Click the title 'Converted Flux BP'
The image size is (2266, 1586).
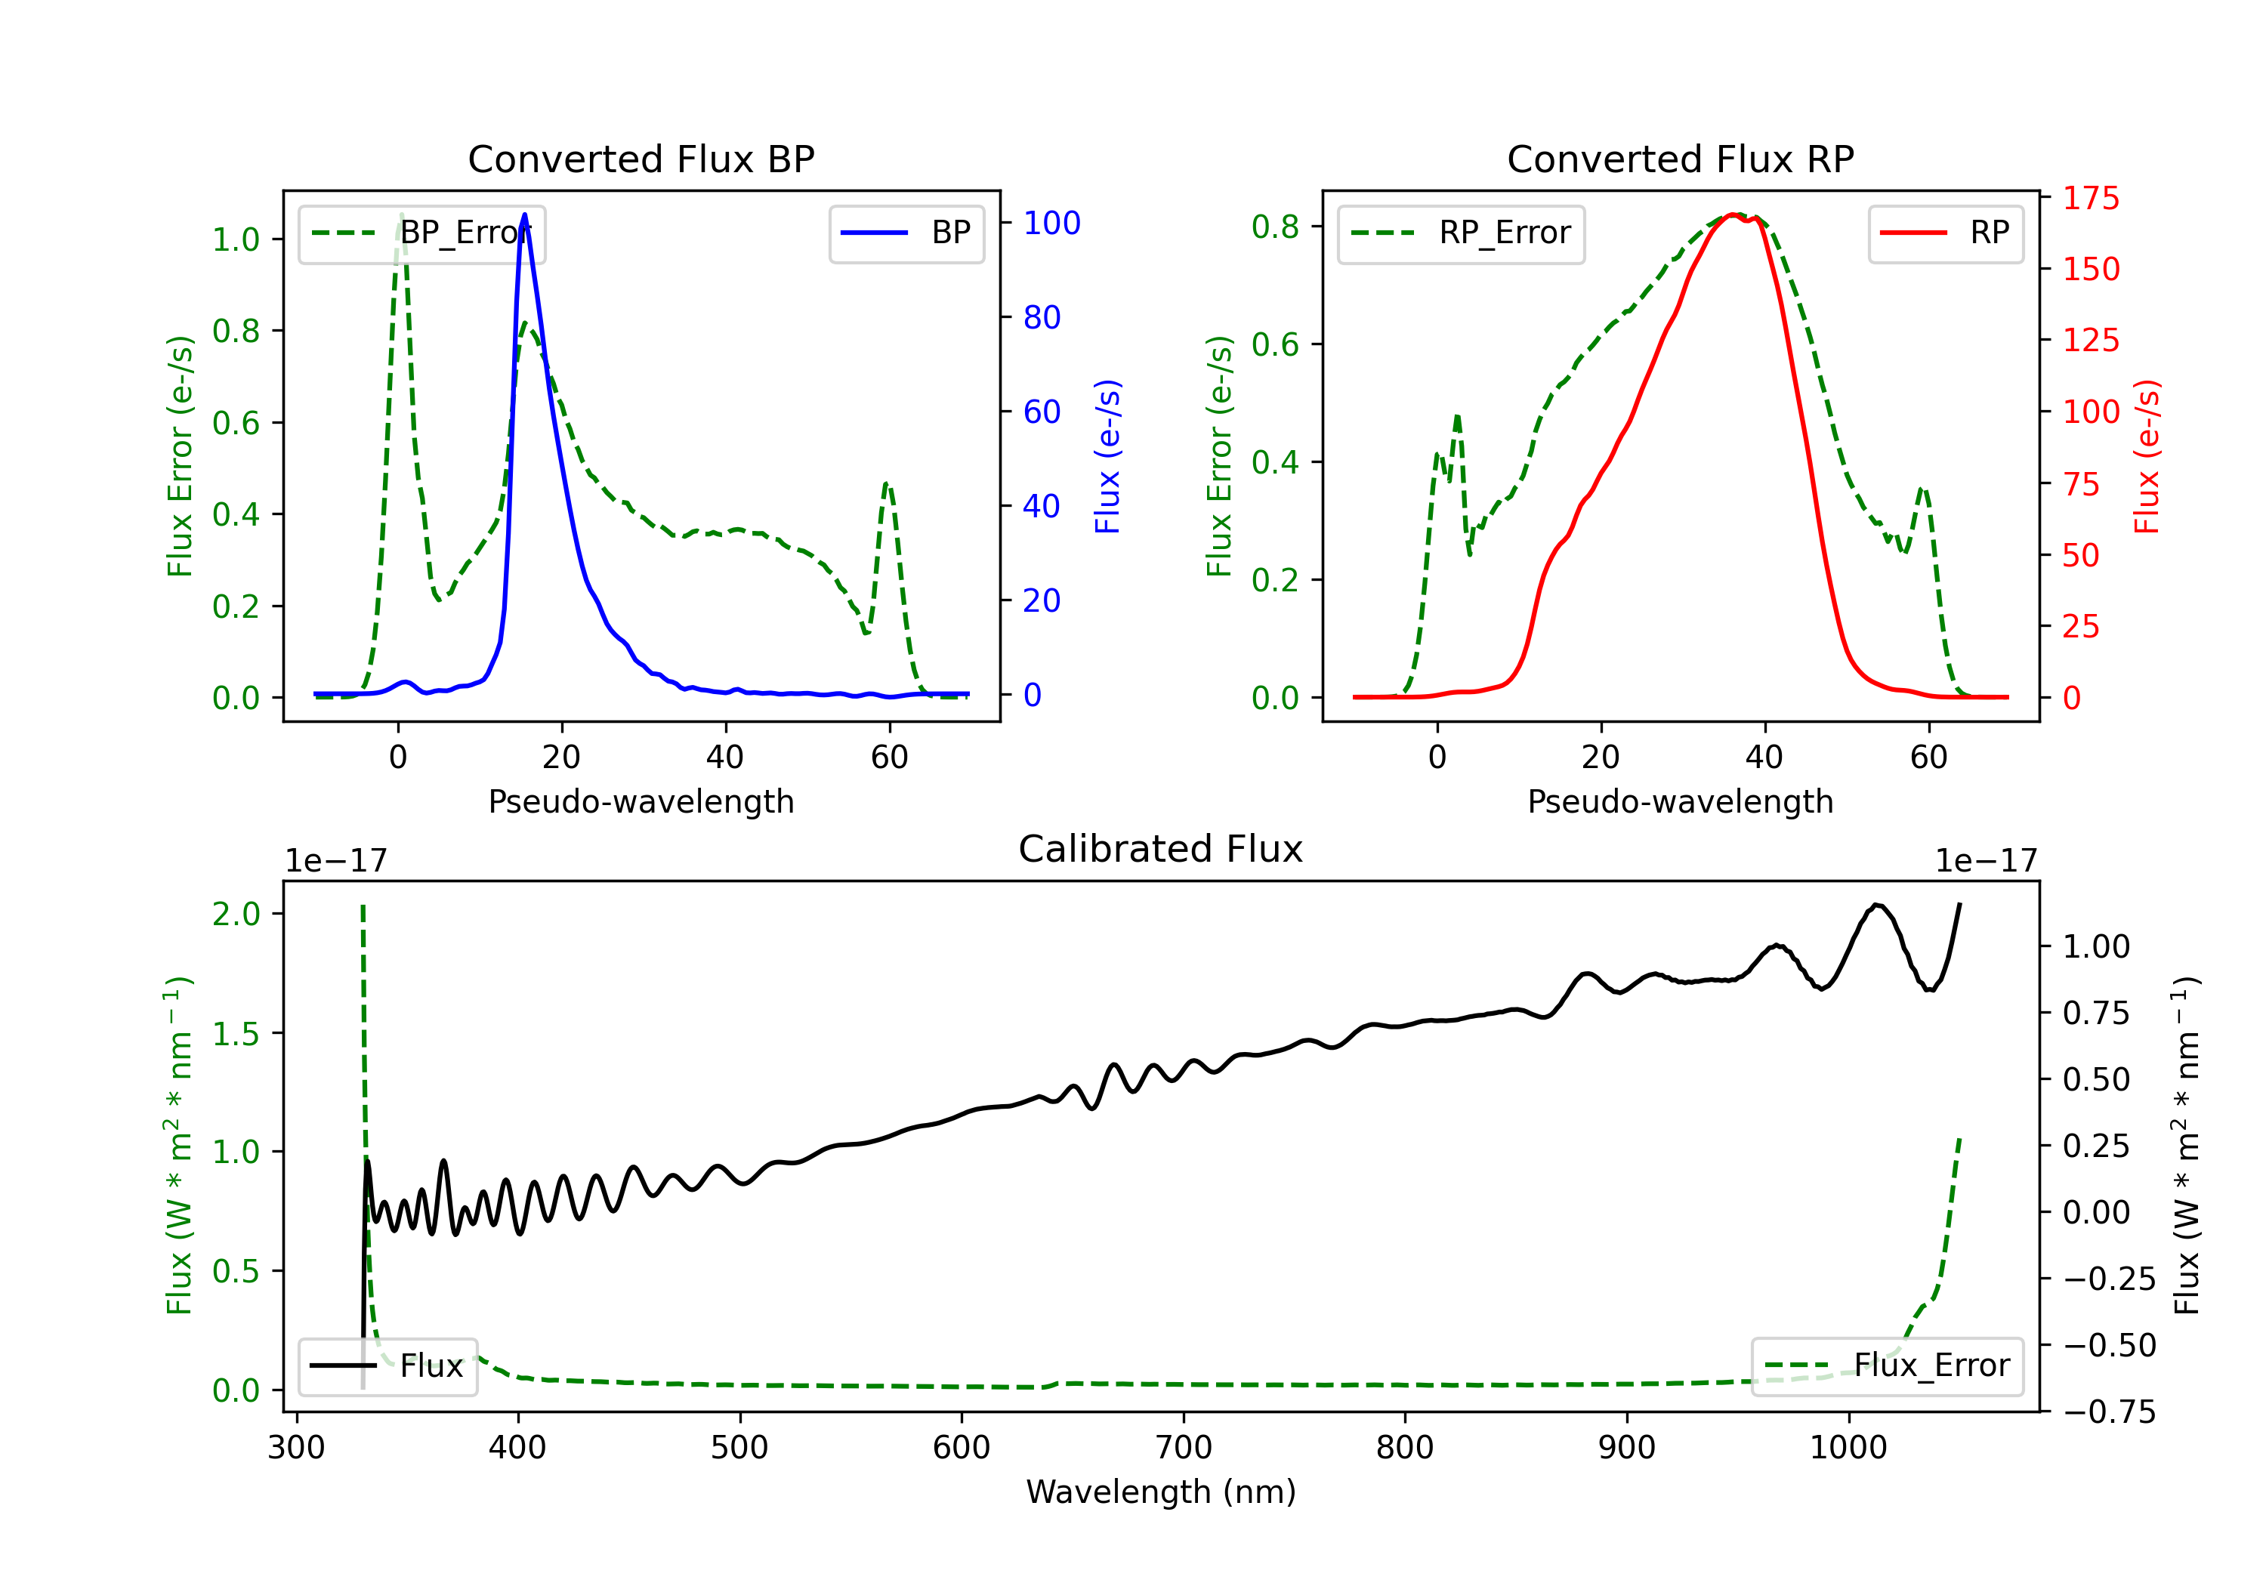tap(641, 159)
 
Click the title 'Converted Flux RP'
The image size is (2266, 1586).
tap(1680, 159)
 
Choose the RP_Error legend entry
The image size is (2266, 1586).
tap(1461, 233)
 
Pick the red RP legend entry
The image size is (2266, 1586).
tap(1944, 233)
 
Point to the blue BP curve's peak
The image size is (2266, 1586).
tap(524, 215)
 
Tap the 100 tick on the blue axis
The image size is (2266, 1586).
tap(1051, 223)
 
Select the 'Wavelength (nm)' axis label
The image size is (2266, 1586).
tap(1161, 1492)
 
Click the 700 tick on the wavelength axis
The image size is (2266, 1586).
tap(1184, 1447)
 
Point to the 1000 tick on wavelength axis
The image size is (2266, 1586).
tap(1848, 1447)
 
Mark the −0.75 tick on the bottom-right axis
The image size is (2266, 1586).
tap(2109, 1412)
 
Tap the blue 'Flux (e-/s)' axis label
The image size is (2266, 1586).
tap(1107, 456)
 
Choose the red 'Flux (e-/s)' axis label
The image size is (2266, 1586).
tap(2147, 456)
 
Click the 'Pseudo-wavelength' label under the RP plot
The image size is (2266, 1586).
tap(1680, 801)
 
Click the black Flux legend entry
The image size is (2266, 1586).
tap(388, 1366)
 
